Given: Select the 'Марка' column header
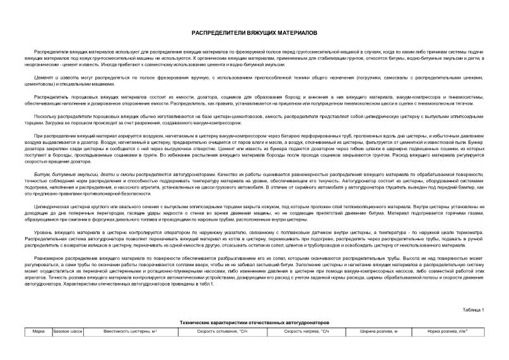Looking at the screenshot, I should coord(38,331).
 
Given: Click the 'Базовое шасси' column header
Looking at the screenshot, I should coord(69,331).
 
